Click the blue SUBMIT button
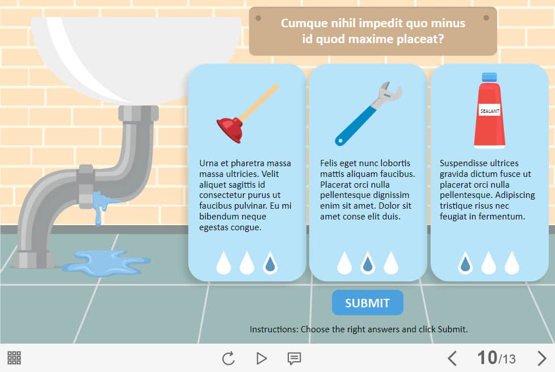click(x=367, y=303)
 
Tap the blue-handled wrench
click(x=368, y=113)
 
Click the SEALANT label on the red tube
click(x=490, y=111)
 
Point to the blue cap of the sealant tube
click(x=489, y=77)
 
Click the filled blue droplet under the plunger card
click(x=270, y=263)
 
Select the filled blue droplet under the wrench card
click(x=368, y=263)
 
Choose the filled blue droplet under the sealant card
click(x=465, y=263)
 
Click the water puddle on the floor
click(x=106, y=263)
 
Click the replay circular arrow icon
click(x=228, y=358)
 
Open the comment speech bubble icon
click(x=294, y=358)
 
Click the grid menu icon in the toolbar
click(x=14, y=358)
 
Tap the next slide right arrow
click(x=542, y=358)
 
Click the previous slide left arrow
click(x=452, y=358)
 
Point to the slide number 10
click(x=487, y=357)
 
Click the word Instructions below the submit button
click(x=274, y=329)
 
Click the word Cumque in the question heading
click(x=304, y=23)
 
